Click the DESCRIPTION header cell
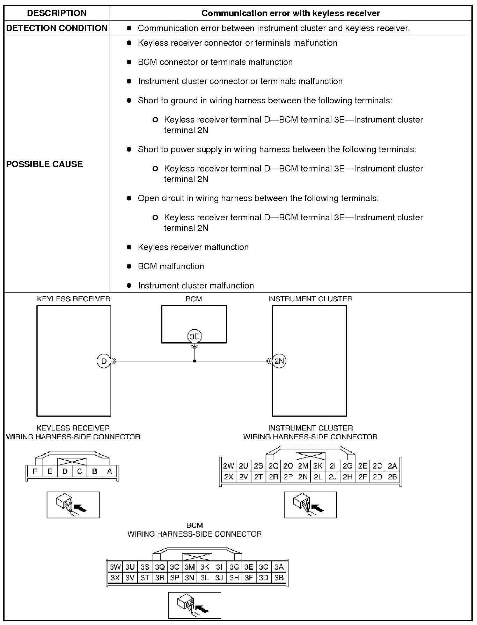point(57,13)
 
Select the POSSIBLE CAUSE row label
point(44,164)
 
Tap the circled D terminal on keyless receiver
point(104,361)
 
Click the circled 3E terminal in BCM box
point(194,336)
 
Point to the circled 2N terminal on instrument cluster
point(279,361)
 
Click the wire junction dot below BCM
point(195,361)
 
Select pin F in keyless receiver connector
point(35,471)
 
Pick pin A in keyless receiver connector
point(109,471)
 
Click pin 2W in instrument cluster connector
point(229,466)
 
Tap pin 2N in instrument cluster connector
point(303,477)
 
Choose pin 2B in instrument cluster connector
point(392,477)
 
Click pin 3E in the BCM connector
point(249,567)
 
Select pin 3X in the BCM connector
point(115,578)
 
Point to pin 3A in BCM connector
point(279,567)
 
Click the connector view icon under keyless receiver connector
point(73,505)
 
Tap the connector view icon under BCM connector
point(195,605)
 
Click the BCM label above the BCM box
point(194,299)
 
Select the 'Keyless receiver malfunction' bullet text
point(193,247)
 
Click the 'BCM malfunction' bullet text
point(171,266)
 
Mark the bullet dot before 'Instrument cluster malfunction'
point(129,286)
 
